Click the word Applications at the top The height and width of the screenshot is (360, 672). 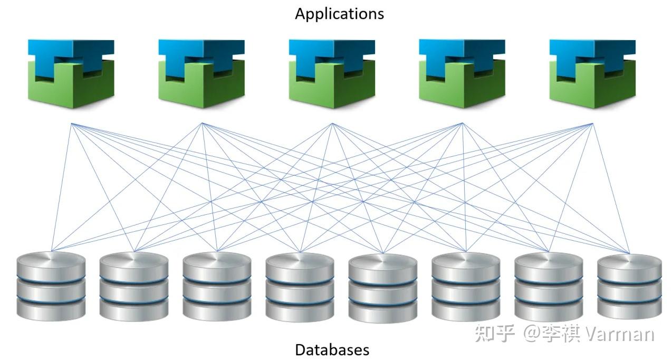(339, 14)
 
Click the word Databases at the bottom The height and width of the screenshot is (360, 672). (332, 349)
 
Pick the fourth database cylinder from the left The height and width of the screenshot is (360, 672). (300, 287)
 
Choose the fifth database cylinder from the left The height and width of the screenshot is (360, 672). (382, 288)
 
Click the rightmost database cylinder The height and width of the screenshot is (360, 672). (629, 287)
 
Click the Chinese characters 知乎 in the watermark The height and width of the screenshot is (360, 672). (494, 334)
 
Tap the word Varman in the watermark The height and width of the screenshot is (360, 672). (620, 334)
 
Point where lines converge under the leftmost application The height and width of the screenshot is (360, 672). (71, 124)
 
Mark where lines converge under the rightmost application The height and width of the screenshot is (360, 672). (593, 124)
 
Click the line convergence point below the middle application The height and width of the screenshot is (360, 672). (332, 124)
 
